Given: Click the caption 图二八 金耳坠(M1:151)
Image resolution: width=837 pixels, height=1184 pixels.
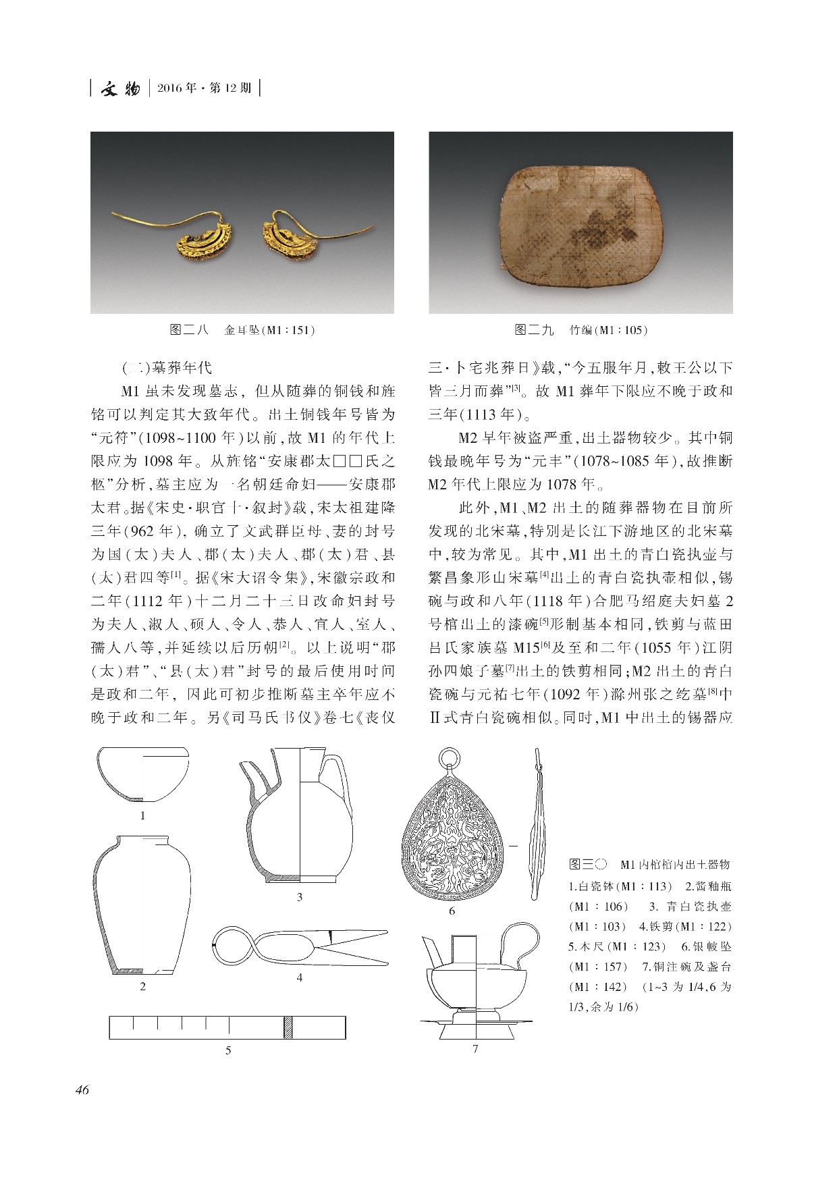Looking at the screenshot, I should point(242,330).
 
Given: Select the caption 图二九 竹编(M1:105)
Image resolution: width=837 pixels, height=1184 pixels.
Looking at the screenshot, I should point(580,330).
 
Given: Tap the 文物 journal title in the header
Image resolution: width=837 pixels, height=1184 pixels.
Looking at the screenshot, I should point(119,88).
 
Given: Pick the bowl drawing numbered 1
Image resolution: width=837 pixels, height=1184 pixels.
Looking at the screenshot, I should point(142,774).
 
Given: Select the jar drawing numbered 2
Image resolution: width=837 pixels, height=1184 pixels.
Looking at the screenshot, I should point(142,905).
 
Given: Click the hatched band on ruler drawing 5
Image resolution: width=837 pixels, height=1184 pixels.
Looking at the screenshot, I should point(288,1027).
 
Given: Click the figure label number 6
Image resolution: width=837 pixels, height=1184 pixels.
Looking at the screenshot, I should point(452,911).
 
